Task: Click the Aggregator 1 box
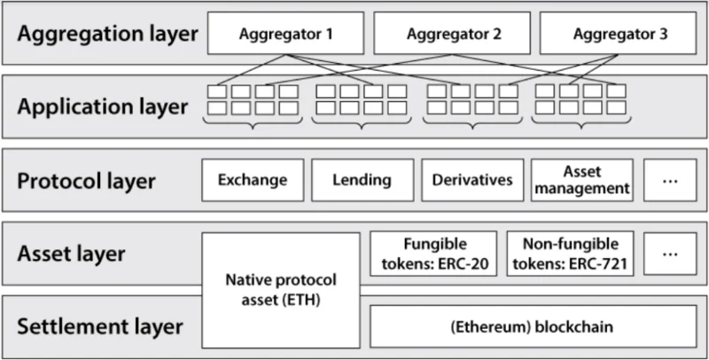pos(285,33)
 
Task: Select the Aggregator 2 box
pos(452,33)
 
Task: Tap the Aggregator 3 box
pos(618,33)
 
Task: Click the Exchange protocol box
pos(253,180)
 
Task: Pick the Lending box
pos(362,180)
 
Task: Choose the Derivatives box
pos(472,180)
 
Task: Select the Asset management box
pos(582,180)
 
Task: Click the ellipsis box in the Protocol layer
pos(670,180)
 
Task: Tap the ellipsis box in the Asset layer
pos(670,254)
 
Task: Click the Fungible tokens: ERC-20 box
pos(433,254)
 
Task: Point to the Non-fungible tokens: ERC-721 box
pos(570,254)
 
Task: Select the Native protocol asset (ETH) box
pos(281,290)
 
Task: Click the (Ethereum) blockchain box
pos(534,326)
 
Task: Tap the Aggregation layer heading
pos(107,35)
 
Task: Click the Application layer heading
pos(102,107)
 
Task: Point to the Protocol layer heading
pos(86,181)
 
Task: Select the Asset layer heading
pos(71,254)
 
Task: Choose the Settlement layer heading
pos(100,326)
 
